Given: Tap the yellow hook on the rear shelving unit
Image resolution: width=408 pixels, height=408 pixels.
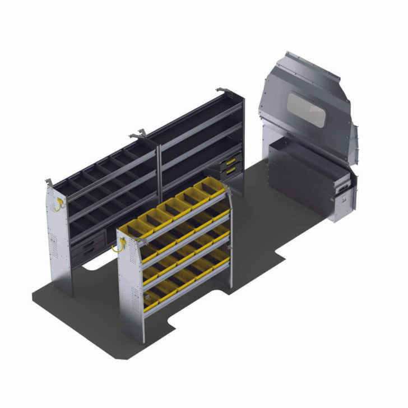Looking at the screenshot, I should click(58, 204).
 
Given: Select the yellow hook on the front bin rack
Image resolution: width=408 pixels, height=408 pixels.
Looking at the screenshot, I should click(118, 245).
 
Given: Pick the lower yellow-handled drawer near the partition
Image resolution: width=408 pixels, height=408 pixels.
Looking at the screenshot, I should click(231, 170).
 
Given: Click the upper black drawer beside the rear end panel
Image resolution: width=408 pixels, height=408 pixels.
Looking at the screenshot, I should click(87, 243).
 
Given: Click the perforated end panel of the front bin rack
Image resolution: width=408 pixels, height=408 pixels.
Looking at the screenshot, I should click(131, 286).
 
